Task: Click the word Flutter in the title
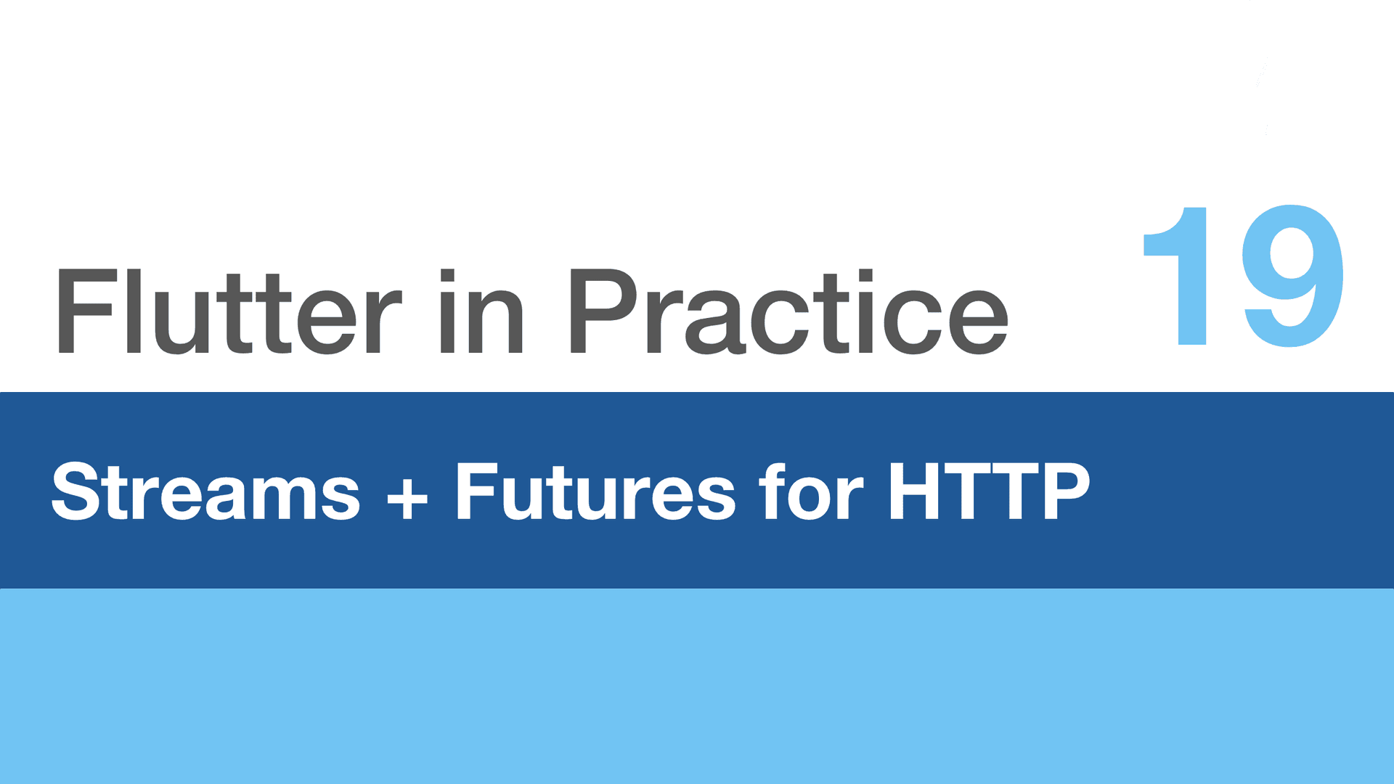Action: pos(228,311)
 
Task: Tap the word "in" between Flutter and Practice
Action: pos(481,311)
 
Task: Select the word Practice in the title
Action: pos(789,311)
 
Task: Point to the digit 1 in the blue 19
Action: pos(1175,276)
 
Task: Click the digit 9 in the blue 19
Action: pos(1292,276)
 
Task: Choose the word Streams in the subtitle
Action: pos(205,491)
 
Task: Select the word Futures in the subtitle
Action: pos(595,491)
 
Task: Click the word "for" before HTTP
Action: pos(811,491)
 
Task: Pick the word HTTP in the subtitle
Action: pos(990,491)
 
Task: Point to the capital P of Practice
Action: pos(604,311)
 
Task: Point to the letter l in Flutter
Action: pos(134,311)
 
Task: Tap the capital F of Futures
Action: pos(477,491)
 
